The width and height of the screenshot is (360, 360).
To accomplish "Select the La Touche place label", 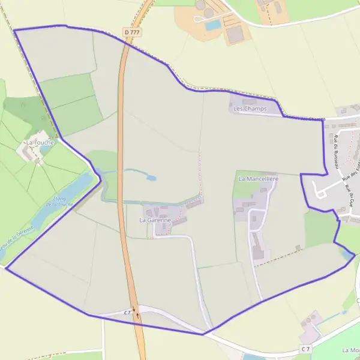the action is pos(40,143).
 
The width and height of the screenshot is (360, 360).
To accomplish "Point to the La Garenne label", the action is pos(155,220).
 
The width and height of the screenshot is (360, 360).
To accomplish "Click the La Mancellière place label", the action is pos(259,179).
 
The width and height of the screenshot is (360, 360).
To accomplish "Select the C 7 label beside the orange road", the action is pos(128,313).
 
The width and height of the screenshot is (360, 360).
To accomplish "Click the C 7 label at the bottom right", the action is pos(305,349).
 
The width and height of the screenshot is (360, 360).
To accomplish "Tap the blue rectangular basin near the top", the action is pos(213,25).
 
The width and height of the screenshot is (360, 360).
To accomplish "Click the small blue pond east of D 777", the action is pos(151,178).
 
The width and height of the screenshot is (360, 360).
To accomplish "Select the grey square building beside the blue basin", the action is pos(235,34).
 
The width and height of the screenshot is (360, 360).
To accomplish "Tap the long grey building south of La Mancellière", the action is pos(257,245).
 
